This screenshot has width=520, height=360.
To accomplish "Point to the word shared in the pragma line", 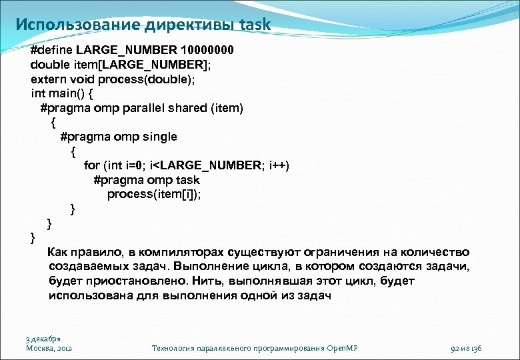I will pyautogui.click(x=191, y=107).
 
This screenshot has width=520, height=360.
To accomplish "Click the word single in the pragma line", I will pyautogui.click(x=159, y=137).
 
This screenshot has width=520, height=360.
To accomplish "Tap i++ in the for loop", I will pyautogui.click(x=277, y=165).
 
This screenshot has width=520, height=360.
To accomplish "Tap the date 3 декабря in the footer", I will pyautogui.click(x=43, y=339).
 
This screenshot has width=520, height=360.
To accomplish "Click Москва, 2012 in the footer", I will pyautogui.click(x=49, y=348).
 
